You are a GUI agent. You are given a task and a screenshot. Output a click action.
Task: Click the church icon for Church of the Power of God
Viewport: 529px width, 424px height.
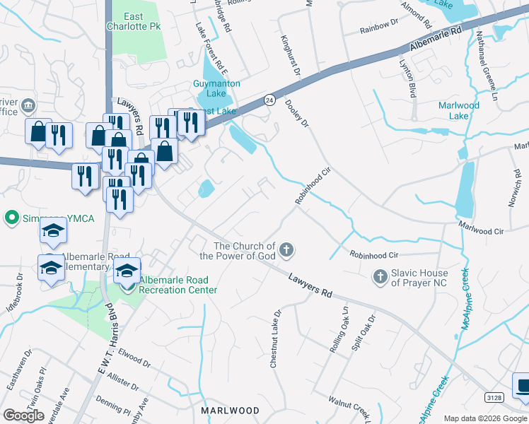pyautogui.click(x=286, y=250)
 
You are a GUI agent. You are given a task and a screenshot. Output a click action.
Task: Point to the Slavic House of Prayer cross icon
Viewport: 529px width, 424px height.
pyautogui.click(x=380, y=278)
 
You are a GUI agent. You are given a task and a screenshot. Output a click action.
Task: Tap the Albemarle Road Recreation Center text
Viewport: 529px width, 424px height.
pyautogui.click(x=178, y=285)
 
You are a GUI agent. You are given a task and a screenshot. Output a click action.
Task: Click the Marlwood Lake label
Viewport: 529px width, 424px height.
pyautogui.click(x=458, y=110)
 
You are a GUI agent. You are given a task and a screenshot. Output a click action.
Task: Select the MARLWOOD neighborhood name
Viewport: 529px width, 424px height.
pyautogui.click(x=230, y=410)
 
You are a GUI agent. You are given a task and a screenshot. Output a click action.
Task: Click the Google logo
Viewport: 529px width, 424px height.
pyautogui.click(x=23, y=416)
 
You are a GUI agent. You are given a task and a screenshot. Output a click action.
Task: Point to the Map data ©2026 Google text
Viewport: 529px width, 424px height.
pyautogui.click(x=485, y=418)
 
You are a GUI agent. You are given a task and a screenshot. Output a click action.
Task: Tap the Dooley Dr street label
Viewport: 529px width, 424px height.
pyautogui.click(x=297, y=113)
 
